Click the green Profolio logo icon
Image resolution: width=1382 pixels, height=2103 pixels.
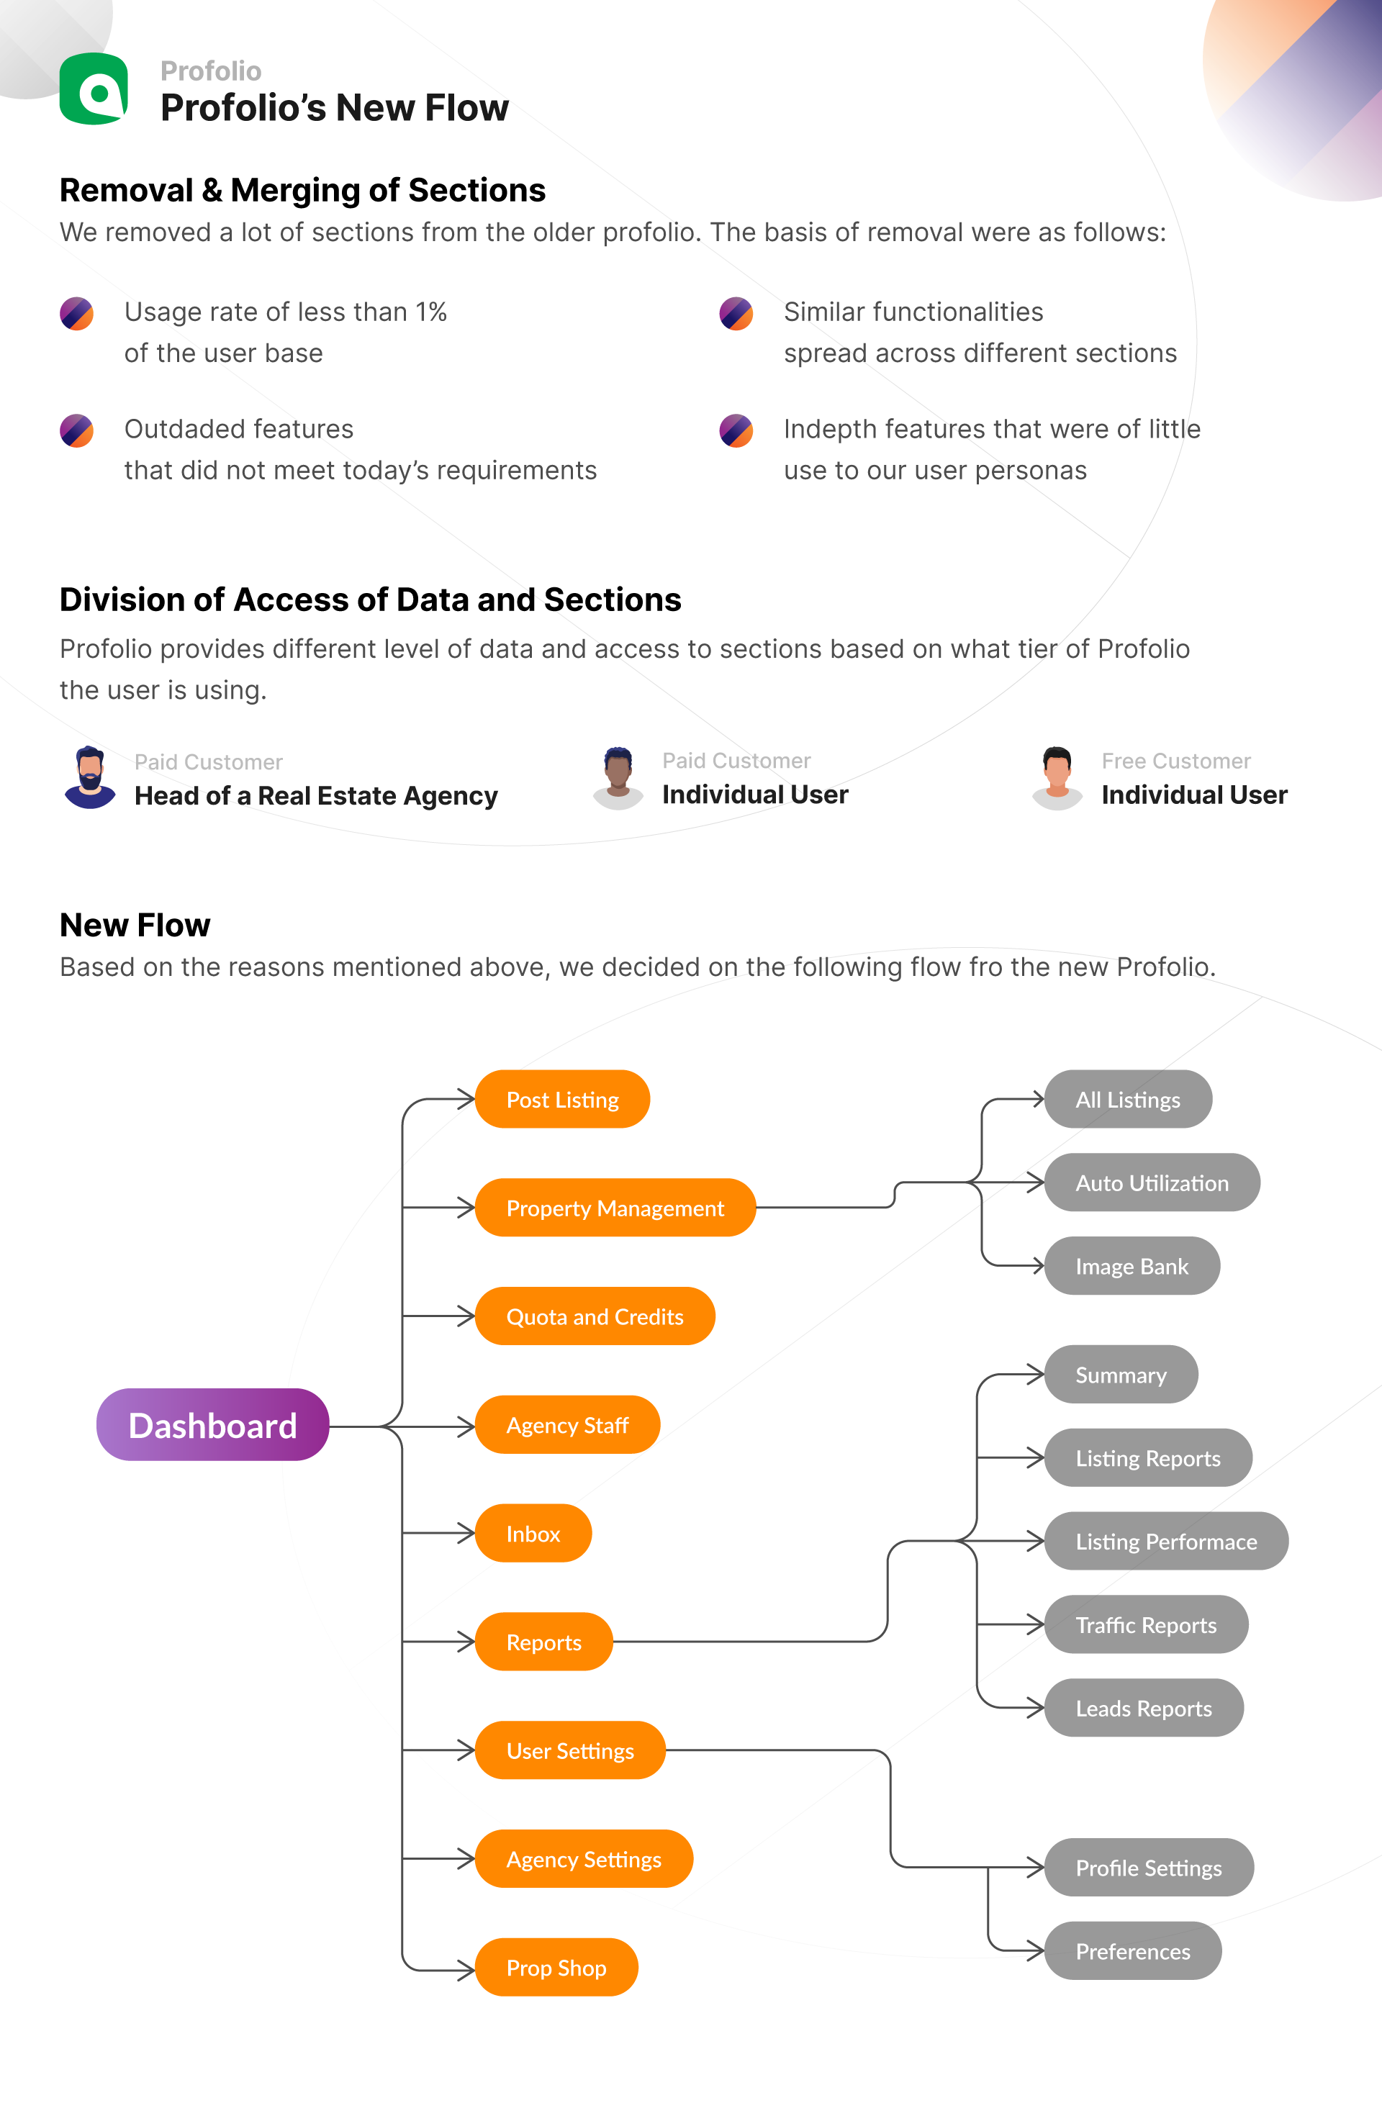[x=94, y=89]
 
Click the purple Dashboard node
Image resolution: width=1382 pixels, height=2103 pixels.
[x=212, y=1424]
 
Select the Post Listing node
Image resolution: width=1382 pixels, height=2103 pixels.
[x=562, y=1099]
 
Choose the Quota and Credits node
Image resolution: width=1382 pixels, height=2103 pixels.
[x=595, y=1316]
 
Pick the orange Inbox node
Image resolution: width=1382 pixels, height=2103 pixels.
[x=533, y=1533]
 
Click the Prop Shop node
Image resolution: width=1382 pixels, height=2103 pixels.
[x=556, y=1967]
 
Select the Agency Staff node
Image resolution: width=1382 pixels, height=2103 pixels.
[x=567, y=1424]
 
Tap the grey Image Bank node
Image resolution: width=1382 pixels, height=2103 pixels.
[x=1132, y=1265]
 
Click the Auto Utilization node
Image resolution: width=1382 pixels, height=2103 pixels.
[x=1152, y=1182]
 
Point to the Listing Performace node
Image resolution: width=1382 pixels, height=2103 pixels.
[x=1166, y=1541]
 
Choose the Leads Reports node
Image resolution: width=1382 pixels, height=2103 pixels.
[x=1144, y=1707]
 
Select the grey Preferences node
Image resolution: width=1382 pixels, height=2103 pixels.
[x=1133, y=1950]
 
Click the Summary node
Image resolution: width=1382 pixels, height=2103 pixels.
[x=1121, y=1374]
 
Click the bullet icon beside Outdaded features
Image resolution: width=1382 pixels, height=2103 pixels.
[x=77, y=430]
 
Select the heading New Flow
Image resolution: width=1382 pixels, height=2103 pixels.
[x=135, y=924]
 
